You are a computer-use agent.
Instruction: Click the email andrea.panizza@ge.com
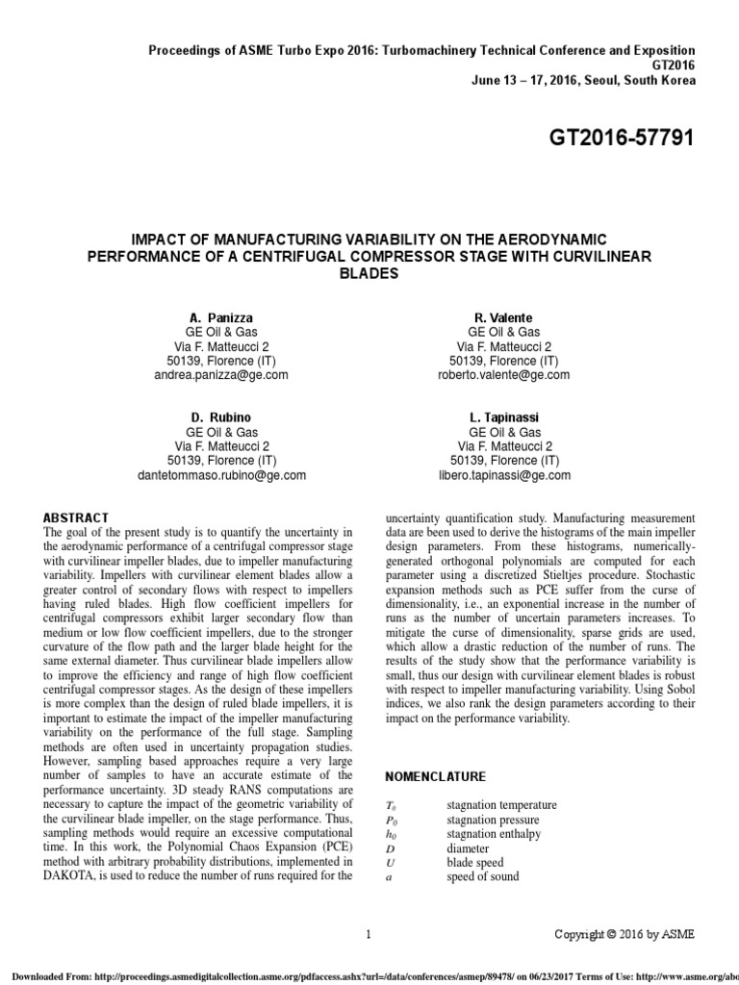(x=221, y=375)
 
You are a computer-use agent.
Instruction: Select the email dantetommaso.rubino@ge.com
(x=221, y=475)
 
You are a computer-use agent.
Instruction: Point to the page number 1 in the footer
(x=369, y=933)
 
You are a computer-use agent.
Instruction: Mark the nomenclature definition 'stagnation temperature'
(x=501, y=804)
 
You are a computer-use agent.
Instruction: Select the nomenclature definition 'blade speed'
(x=474, y=862)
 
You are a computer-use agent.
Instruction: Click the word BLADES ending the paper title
(x=369, y=273)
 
